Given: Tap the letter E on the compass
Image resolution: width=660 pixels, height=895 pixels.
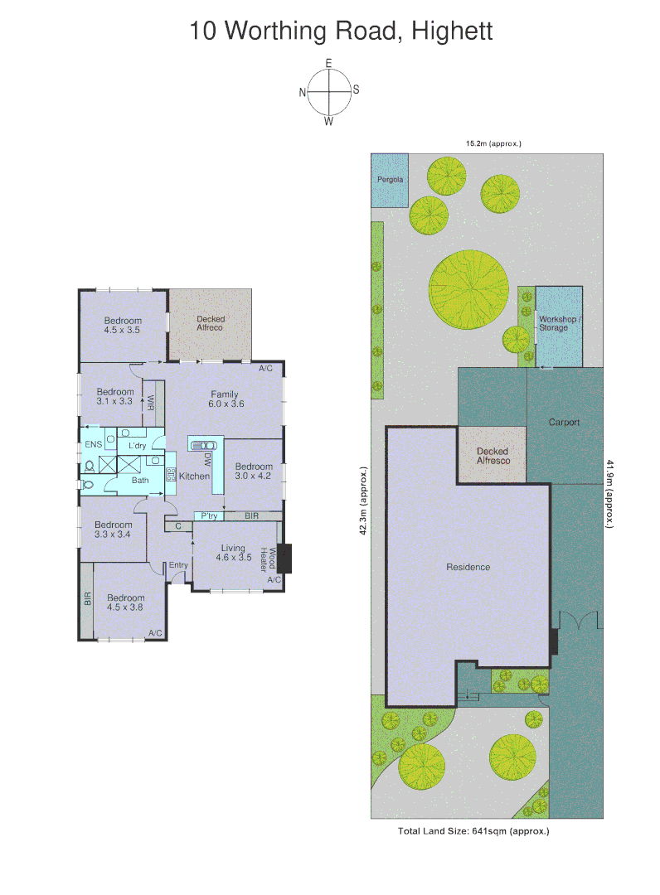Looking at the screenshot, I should (329, 64).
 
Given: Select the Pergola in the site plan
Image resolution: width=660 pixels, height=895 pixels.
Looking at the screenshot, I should (390, 180).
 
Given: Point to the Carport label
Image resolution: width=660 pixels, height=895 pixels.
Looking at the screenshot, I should (564, 423).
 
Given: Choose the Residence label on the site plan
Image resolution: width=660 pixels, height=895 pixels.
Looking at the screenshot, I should (468, 568).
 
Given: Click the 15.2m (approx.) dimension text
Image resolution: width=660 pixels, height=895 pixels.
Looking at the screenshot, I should (493, 143).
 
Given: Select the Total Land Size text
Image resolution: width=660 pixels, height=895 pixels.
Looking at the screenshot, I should (474, 830).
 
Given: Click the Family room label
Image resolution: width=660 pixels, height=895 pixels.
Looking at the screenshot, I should (224, 399).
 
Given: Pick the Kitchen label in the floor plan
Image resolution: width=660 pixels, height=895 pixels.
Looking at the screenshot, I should (194, 476).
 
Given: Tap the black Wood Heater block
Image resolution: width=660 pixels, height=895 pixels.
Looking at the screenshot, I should (286, 559).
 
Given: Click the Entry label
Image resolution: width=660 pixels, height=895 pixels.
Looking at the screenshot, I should (178, 566).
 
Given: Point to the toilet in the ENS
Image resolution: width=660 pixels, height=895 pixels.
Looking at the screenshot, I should (89, 467).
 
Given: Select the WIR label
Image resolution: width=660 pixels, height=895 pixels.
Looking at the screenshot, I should (151, 404).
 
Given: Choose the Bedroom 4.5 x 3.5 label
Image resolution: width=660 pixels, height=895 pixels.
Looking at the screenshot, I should (123, 325).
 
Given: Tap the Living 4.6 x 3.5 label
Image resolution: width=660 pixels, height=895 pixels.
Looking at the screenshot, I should (233, 552).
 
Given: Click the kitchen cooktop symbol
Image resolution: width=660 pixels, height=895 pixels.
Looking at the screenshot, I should (172, 475).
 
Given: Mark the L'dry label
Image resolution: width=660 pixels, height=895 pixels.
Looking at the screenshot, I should (137, 446).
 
